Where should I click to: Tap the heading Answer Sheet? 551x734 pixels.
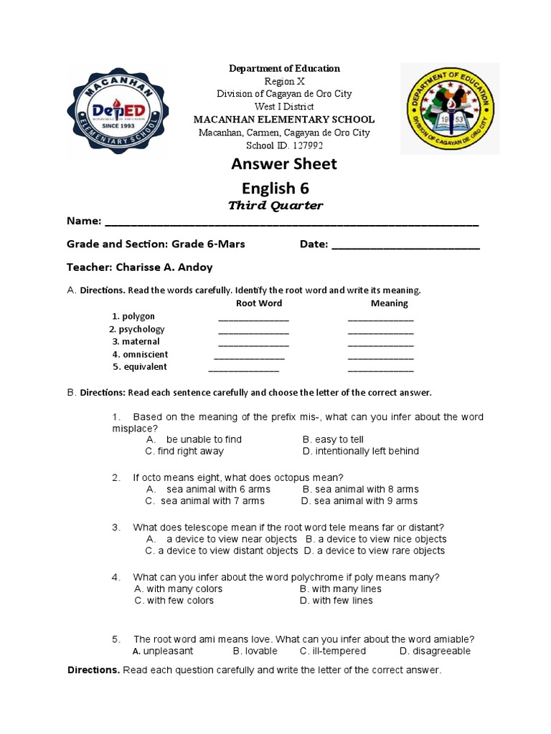(283, 164)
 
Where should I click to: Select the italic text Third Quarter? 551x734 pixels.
(275, 206)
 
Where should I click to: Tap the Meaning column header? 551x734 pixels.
(389, 303)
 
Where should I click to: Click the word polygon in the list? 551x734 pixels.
(138, 316)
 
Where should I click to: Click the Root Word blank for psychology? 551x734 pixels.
(253, 333)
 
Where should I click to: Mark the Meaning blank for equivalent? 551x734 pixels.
(380, 371)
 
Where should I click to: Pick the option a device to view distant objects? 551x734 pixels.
(222, 550)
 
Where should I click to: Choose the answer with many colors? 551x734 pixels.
(178, 588)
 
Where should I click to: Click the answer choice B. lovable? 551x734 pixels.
(255, 651)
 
